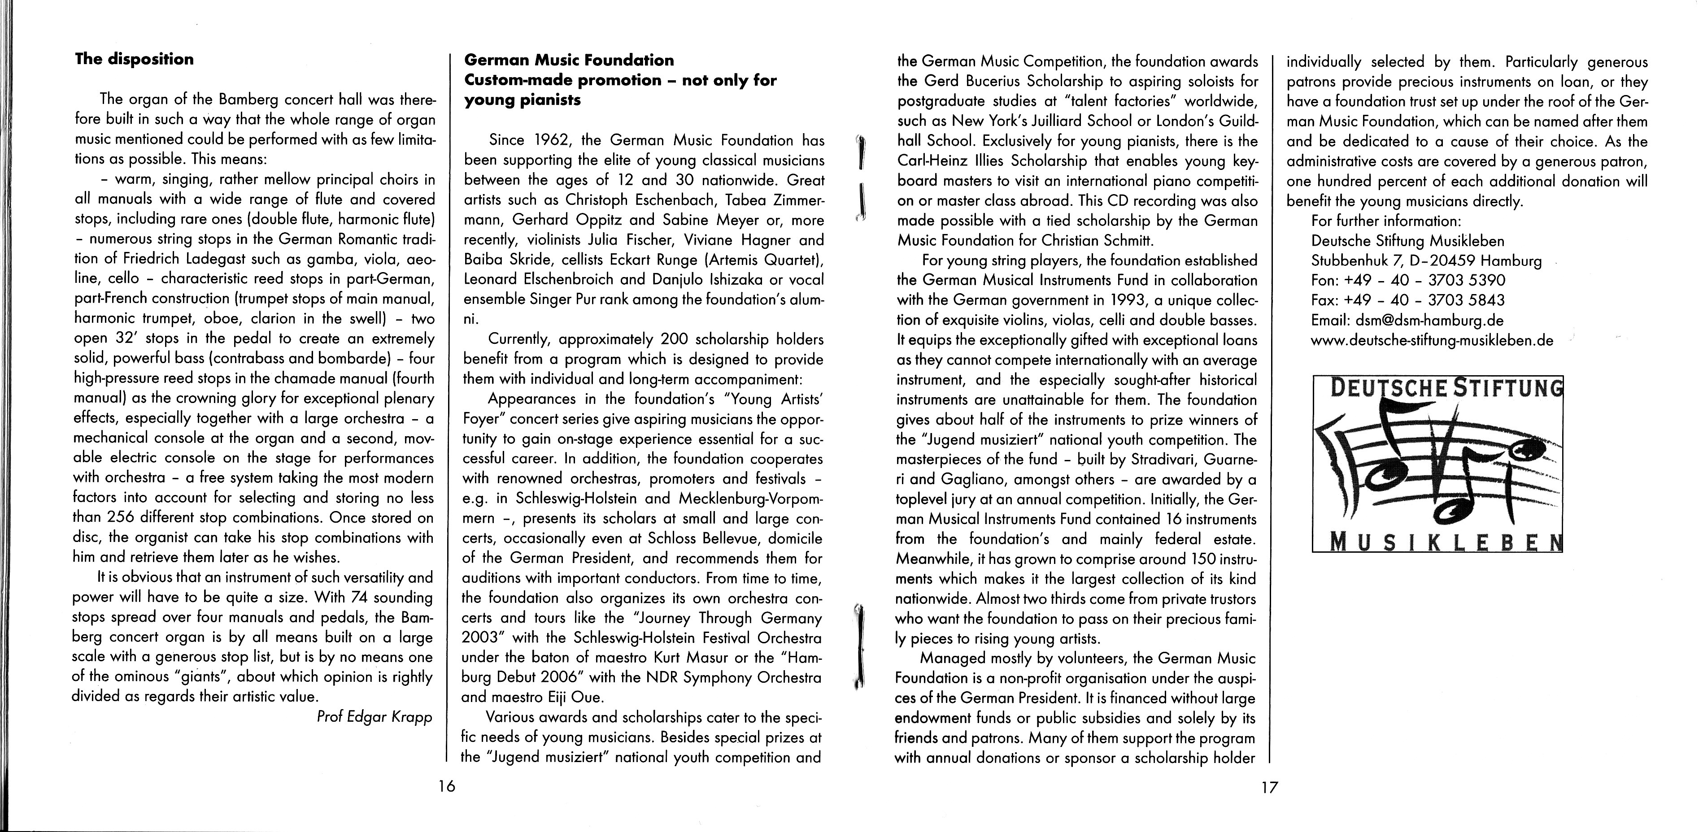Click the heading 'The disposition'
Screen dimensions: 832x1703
[134, 60]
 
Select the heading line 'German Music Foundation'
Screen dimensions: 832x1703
[569, 60]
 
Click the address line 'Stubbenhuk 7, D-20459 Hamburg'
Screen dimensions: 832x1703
[1426, 261]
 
